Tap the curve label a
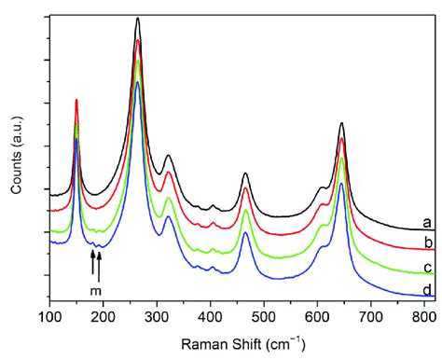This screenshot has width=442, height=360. pos(425,222)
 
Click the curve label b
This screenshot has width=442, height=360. pos(425,243)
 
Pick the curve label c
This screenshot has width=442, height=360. pos(425,269)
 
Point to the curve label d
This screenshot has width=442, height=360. pos(425,290)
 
